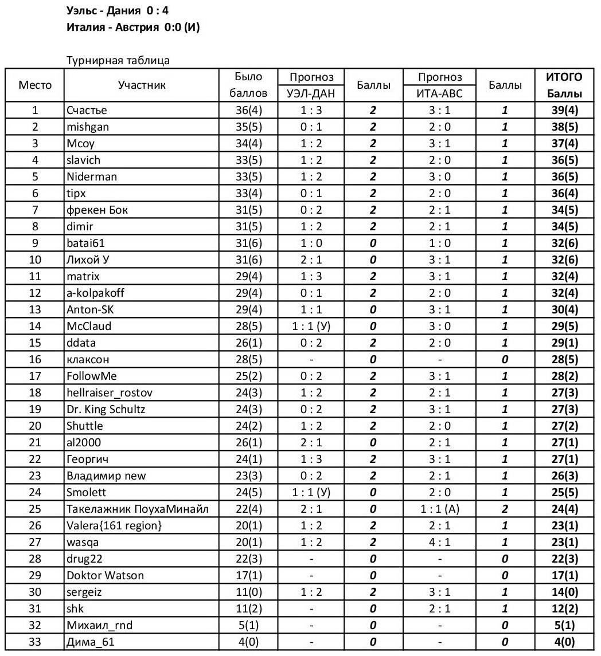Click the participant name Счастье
coord(87,111)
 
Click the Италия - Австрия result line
coord(134,27)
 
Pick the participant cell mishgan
coord(87,127)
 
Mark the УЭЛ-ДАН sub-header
coord(311,93)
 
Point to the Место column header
coord(35,85)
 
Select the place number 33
coord(35,642)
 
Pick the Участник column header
coord(142,85)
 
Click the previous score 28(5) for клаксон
coord(248,360)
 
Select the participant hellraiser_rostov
coord(110,393)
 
